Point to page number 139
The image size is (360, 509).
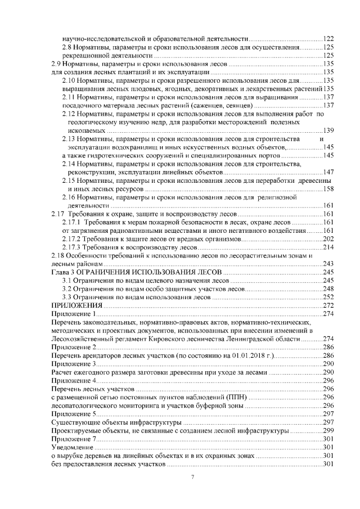point(329,130)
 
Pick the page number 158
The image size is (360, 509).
point(329,190)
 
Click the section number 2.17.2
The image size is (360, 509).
point(72,240)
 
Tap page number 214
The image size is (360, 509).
point(329,248)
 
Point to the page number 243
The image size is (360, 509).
point(329,264)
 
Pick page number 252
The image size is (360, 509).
point(329,297)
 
